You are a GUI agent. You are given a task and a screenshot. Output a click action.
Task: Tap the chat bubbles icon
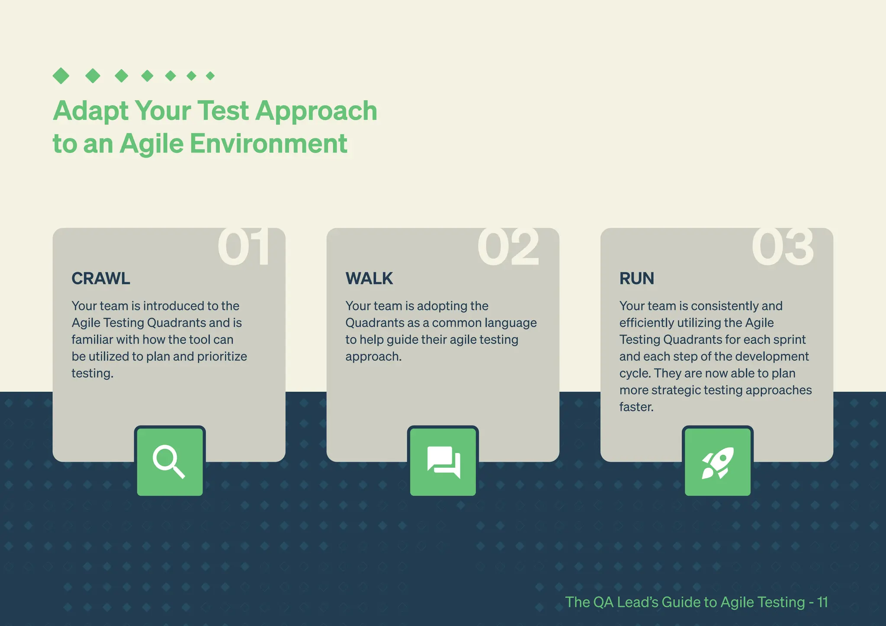click(x=443, y=462)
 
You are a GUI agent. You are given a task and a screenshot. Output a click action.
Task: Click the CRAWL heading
click(x=101, y=278)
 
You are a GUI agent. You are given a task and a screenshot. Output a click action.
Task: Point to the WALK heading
click(x=369, y=278)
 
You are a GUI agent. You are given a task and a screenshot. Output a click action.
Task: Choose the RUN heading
click(x=636, y=278)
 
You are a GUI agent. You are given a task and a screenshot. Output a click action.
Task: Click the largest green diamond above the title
click(x=61, y=76)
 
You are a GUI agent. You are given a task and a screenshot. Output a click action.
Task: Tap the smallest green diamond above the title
click(x=210, y=76)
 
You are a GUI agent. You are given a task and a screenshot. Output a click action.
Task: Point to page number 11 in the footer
click(x=822, y=602)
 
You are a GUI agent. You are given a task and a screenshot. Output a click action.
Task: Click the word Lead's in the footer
click(x=637, y=602)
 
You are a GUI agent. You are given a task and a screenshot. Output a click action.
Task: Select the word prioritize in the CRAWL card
click(x=222, y=357)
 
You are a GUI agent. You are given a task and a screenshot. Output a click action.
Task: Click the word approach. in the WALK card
click(x=373, y=357)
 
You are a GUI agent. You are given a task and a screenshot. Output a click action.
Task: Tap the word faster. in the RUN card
click(x=636, y=407)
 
